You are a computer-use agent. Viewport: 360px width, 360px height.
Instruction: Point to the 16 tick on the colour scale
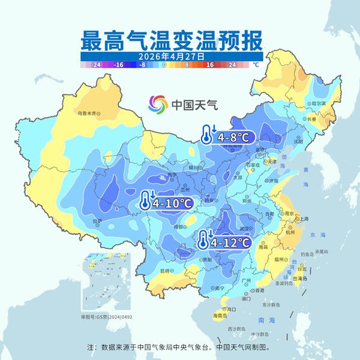(210, 63)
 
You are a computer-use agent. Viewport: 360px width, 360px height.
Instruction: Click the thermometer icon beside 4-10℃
(145, 200)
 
